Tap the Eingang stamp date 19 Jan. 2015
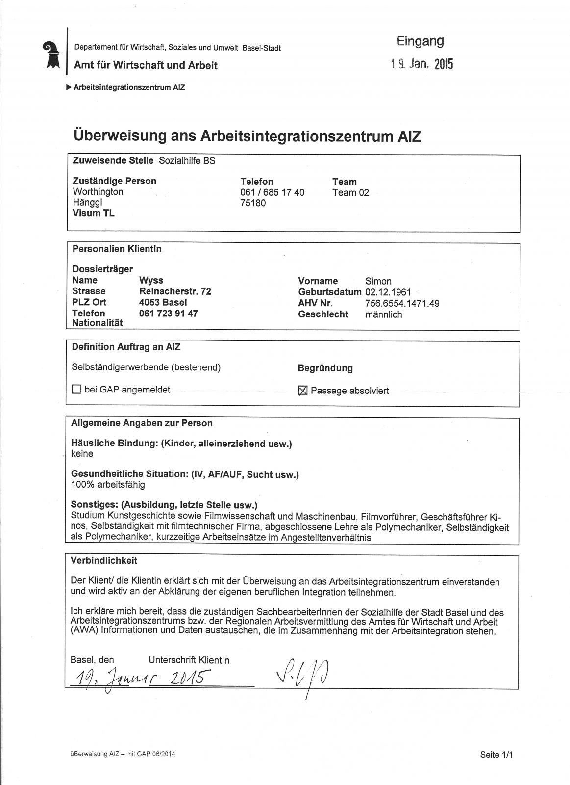tap(421, 64)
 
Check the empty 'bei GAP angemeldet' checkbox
tap(76, 390)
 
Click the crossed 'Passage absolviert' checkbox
tap(303, 391)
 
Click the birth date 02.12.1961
tap(388, 292)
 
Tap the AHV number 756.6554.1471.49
tap(402, 303)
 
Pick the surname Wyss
tap(149, 280)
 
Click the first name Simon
tap(378, 281)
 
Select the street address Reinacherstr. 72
tap(175, 291)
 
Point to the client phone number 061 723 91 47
tap(168, 313)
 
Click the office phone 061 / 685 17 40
tap(272, 192)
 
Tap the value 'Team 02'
tap(350, 192)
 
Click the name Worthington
tap(98, 191)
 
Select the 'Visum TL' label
tap(94, 213)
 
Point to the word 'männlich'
tap(383, 314)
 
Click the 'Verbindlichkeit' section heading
tap(104, 560)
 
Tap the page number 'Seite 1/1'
tap(496, 755)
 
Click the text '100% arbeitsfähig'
tap(108, 485)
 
